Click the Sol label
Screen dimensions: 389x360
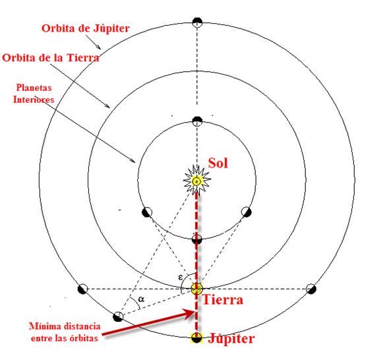(218, 164)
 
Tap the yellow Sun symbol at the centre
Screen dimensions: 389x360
(196, 181)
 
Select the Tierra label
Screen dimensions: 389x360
(223, 299)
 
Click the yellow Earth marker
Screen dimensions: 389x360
(197, 288)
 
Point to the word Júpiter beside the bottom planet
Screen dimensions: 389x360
(231, 338)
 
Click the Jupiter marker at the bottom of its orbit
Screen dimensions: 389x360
(197, 338)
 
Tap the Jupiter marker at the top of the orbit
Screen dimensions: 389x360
(197, 22)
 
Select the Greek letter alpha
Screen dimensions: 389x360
(141, 299)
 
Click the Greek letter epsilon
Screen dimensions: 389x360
(181, 277)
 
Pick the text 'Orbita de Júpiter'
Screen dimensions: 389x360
(85, 28)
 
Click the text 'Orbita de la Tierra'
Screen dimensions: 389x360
(51, 58)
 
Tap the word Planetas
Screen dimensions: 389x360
(34, 88)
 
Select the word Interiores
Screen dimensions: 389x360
(34, 100)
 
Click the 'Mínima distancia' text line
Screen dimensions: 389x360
(65, 326)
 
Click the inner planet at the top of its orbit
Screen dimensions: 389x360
(197, 121)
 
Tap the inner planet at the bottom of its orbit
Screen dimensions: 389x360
(197, 239)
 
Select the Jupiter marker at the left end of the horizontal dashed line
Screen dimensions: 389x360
(82, 289)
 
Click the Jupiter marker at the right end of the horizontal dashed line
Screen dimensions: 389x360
(311, 289)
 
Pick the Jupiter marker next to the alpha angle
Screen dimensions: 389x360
(118, 316)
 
